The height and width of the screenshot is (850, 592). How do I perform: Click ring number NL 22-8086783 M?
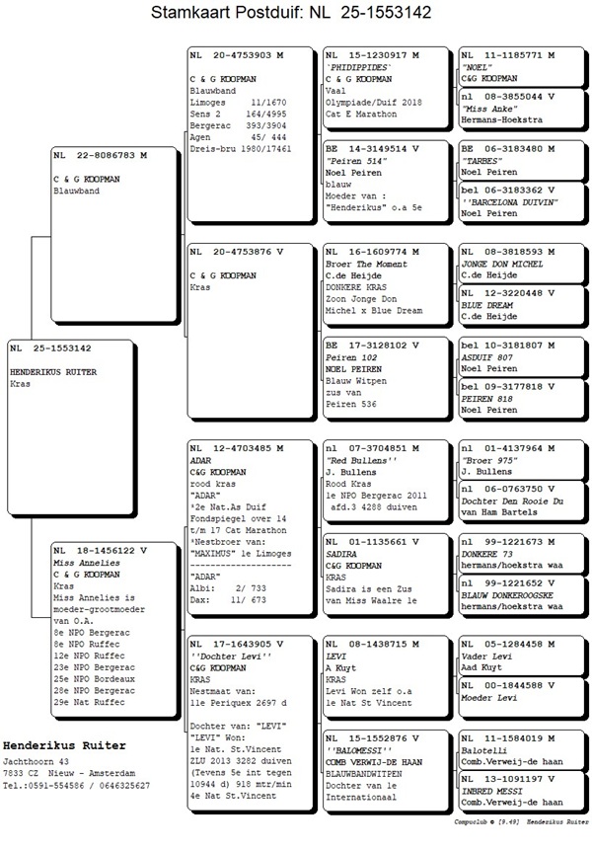100,155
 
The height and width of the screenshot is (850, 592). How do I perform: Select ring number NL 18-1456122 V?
100,550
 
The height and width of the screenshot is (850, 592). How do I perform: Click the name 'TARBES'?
481,160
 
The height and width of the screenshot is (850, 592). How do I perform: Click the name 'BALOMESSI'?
356,750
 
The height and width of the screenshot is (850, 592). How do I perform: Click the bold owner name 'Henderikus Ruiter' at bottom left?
65,743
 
